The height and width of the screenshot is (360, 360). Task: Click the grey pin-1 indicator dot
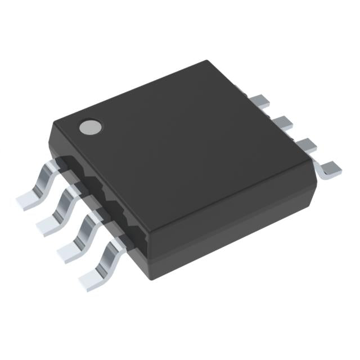(90, 127)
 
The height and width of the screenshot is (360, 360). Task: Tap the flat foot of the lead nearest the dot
(28, 199)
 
